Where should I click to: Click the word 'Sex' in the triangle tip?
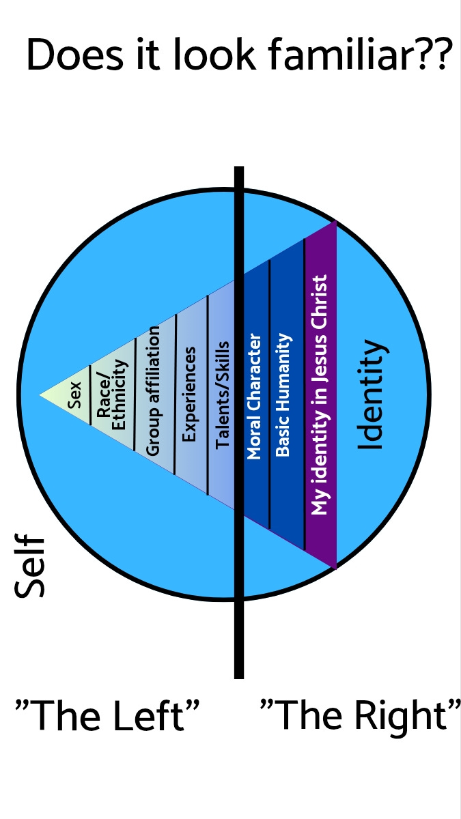pyautogui.click(x=74, y=395)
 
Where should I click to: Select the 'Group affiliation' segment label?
pyautogui.click(x=154, y=390)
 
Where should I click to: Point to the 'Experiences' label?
pyautogui.click(x=191, y=394)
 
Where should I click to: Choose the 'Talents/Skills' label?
pyautogui.click(x=222, y=395)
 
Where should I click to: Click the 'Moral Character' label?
pyautogui.click(x=253, y=396)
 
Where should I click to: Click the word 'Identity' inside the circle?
pyautogui.click(x=373, y=395)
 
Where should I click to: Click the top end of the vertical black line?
pyautogui.click(x=239, y=169)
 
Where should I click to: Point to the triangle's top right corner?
pyautogui.click(x=335, y=222)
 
